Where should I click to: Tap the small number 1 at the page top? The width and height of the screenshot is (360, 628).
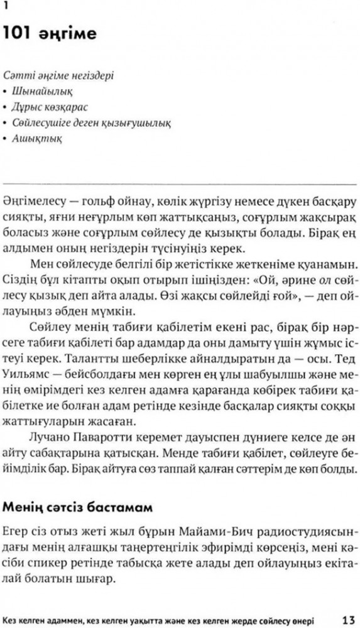tap(6, 6)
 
